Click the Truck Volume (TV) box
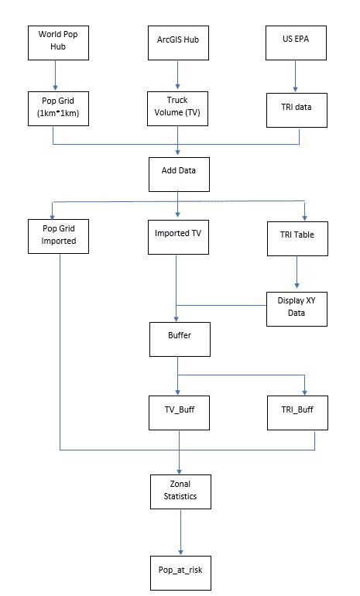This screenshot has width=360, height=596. (x=178, y=108)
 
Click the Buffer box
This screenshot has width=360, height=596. (x=179, y=338)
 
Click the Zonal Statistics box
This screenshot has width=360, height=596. (x=179, y=492)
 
